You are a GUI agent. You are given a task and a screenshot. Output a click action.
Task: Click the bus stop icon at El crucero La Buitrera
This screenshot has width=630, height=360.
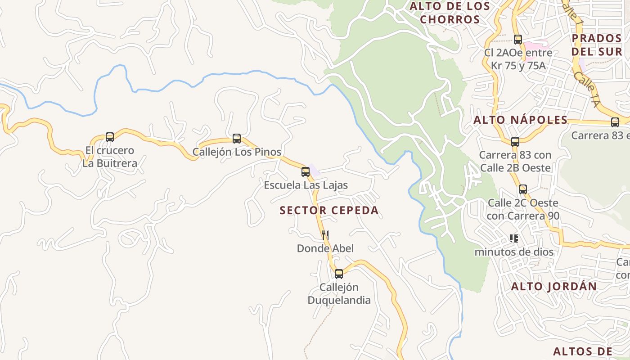[x=109, y=137]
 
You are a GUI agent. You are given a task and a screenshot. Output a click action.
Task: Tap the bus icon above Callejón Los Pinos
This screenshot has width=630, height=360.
[x=237, y=139]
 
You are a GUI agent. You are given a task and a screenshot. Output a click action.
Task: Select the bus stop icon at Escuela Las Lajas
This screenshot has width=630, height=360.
[x=306, y=171]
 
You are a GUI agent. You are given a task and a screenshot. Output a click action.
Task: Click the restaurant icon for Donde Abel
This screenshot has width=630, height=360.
[x=325, y=235]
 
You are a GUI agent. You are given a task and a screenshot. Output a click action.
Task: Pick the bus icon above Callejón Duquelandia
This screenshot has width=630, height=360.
[x=339, y=274]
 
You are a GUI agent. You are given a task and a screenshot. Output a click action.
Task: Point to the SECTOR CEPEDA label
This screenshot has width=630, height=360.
[x=329, y=211]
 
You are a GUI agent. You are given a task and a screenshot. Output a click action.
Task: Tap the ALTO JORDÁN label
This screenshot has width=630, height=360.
[x=554, y=287]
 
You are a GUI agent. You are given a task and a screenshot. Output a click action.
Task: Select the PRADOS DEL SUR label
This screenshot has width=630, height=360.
[x=597, y=45]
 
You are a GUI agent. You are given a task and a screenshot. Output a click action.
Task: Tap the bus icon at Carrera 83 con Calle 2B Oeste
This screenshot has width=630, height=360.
[x=515, y=142]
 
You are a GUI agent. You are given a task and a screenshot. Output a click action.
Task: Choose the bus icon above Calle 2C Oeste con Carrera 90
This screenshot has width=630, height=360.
[x=522, y=189]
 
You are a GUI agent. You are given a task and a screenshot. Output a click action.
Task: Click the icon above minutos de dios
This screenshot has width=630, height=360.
[x=513, y=238]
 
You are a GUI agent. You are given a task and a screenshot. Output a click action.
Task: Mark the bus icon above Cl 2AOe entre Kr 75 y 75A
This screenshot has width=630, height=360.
[x=518, y=40]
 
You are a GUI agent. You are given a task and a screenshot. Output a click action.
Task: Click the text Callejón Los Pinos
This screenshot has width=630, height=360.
[x=237, y=152]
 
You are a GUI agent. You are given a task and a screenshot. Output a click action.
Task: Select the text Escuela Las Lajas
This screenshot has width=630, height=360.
[x=306, y=185]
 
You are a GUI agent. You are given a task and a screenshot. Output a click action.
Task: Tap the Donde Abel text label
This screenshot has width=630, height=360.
[x=325, y=248]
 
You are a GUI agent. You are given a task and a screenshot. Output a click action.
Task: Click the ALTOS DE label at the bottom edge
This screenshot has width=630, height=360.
[x=582, y=351]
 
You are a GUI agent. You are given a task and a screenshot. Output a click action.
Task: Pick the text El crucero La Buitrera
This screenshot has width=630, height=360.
[x=109, y=157]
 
